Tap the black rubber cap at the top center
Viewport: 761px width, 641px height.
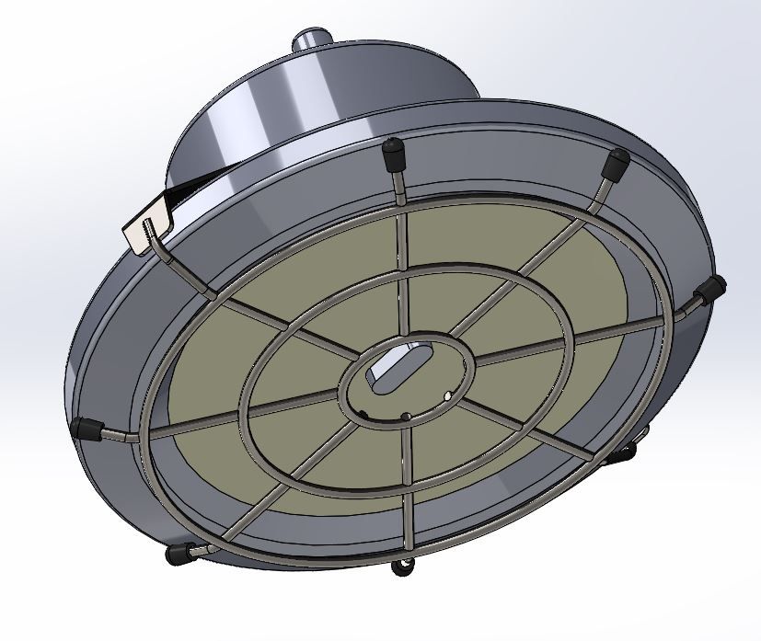pyautogui.click(x=395, y=151)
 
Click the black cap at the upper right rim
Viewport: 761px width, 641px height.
pyautogui.click(x=615, y=164)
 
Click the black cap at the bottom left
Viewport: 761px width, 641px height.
pyautogui.click(x=176, y=554)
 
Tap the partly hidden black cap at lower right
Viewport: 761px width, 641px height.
pyautogui.click(x=625, y=452)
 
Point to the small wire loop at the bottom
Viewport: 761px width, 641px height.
pyautogui.click(x=401, y=567)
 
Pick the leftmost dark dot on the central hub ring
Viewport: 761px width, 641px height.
pyautogui.click(x=367, y=411)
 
